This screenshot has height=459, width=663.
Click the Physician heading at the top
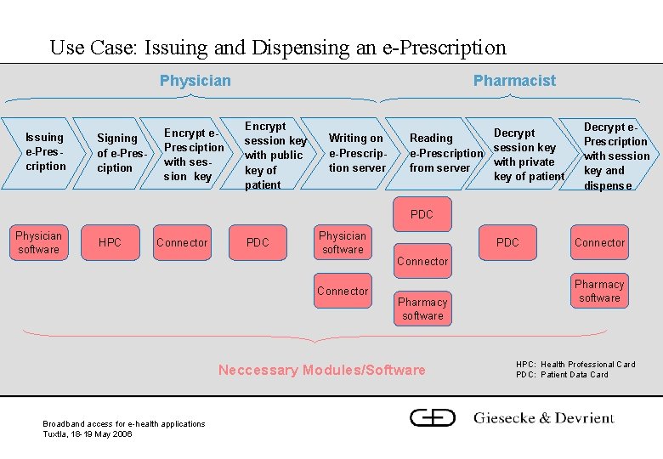[x=195, y=81]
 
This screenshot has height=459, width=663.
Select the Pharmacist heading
[x=514, y=81]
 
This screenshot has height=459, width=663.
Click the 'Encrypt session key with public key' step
[x=274, y=155]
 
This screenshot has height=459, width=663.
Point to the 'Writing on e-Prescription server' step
[x=357, y=152]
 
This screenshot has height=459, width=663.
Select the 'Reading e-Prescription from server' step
[x=443, y=153]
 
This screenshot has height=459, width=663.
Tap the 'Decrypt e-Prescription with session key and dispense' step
[x=615, y=156]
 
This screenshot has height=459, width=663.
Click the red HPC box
[x=110, y=243]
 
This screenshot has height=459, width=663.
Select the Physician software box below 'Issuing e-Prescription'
[x=39, y=242]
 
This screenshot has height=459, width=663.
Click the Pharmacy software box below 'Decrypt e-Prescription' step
[x=599, y=291]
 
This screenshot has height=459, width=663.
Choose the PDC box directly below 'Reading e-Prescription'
[x=422, y=214]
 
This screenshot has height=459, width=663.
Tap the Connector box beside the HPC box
[x=181, y=243]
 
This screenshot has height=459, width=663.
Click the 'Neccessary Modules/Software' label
[x=321, y=370]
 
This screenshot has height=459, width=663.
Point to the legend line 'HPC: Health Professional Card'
[x=575, y=365]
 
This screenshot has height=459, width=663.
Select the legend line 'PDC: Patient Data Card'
[x=562, y=375]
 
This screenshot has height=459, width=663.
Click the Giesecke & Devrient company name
[x=543, y=417]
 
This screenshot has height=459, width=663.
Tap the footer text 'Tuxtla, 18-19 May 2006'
[x=87, y=433]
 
